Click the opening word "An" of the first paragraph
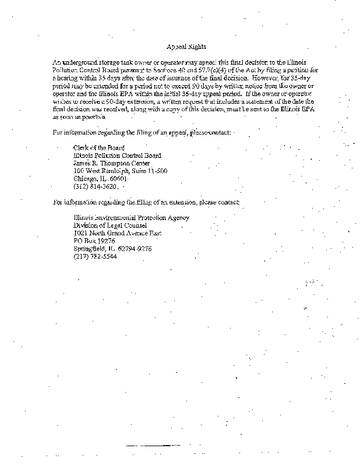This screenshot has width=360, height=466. pyautogui.click(x=56, y=61)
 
